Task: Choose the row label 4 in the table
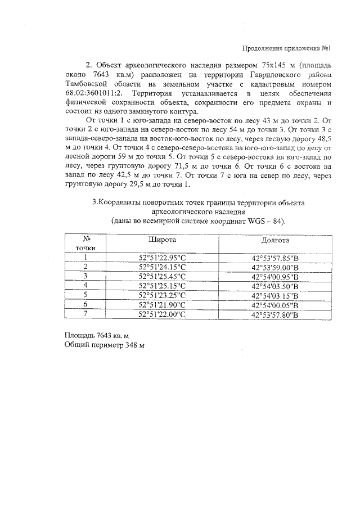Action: point(85,286)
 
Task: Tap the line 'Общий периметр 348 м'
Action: point(105,345)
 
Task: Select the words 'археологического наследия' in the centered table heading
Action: point(198,212)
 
